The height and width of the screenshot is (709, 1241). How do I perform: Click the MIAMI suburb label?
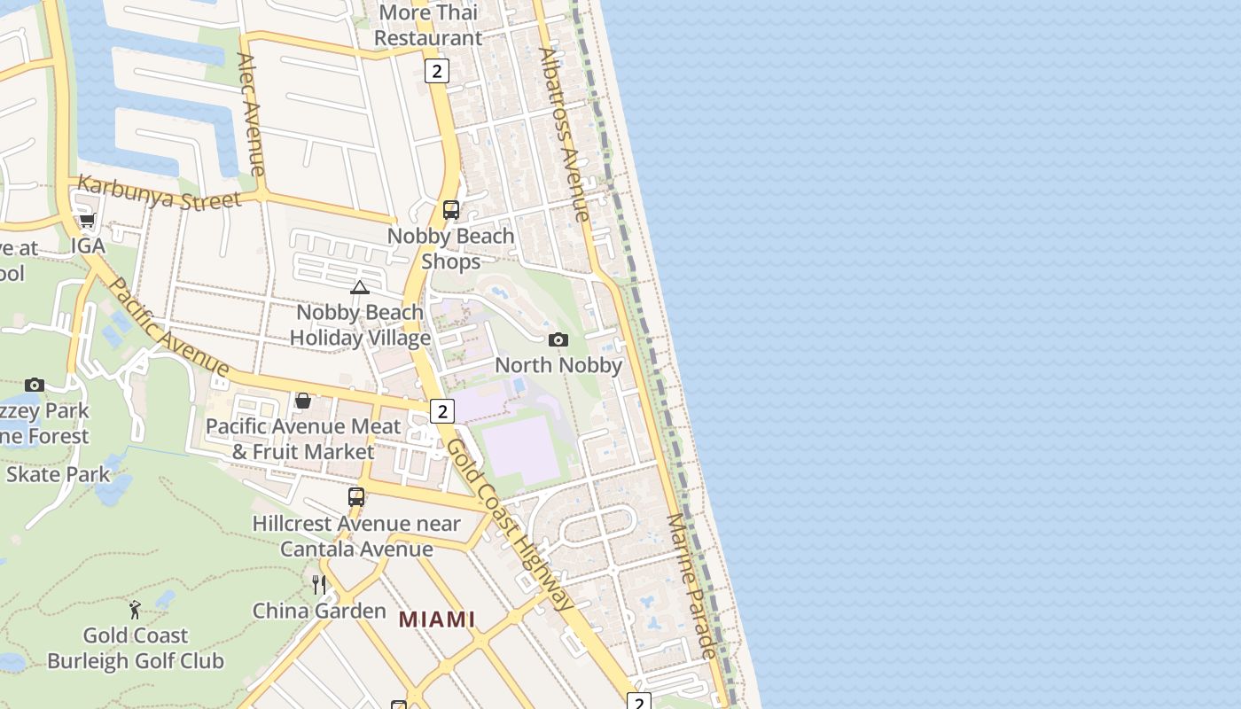pos(436,619)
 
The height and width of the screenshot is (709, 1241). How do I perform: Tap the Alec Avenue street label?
pos(251,114)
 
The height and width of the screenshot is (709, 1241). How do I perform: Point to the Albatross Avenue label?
pos(564,134)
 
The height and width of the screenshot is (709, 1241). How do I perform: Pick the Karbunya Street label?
pos(160,192)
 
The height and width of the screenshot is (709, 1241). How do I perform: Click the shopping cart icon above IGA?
pos(87,220)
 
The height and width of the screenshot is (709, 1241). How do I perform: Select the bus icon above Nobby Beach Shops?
pos(451,210)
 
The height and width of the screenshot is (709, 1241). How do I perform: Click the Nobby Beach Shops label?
pos(451,248)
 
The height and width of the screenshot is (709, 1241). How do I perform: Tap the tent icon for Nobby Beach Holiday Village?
pos(359,287)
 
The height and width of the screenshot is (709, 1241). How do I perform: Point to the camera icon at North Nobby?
pos(558,339)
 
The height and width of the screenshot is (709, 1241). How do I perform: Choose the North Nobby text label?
pos(558,365)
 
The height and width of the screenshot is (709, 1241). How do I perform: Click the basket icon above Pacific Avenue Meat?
pos(303,401)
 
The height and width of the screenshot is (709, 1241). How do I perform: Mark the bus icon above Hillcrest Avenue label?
pos(356,497)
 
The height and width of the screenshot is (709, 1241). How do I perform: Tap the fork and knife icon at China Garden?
pos(319,584)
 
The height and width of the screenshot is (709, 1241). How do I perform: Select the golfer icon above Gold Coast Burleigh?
pos(135,610)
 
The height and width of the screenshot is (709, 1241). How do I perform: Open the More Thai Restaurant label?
pos(428,25)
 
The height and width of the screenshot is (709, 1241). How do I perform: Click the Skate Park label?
pos(59,474)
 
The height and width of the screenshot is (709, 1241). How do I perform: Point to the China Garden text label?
pos(319,611)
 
